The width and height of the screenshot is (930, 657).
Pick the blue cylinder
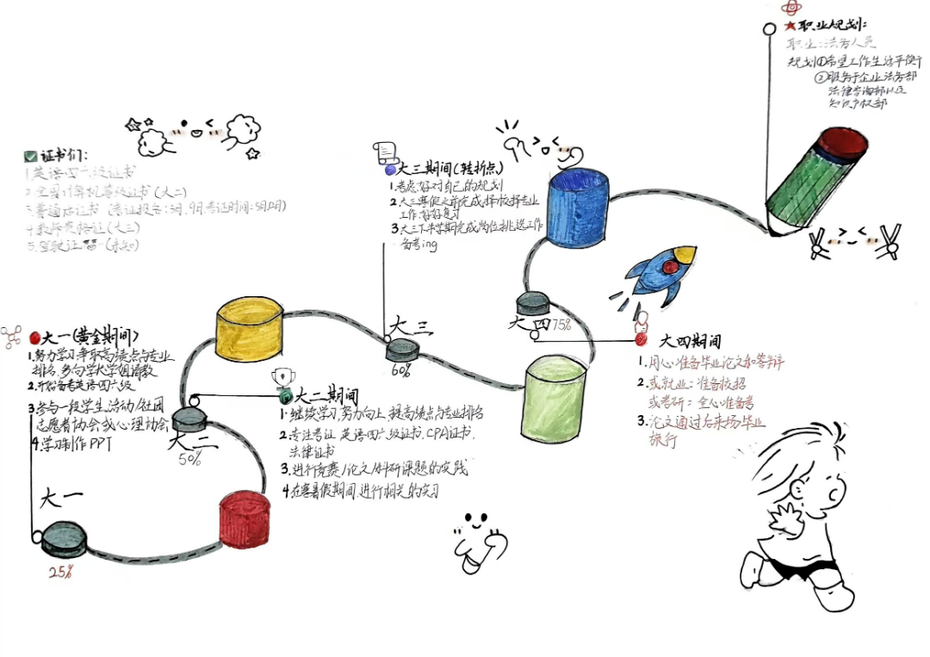coord(579,208)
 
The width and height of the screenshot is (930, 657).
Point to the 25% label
coord(60,572)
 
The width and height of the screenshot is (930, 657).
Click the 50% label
coord(190,459)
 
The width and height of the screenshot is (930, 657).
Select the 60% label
coord(400,370)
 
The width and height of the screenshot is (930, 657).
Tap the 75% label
coord(561,325)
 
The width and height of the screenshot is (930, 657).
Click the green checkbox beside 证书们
coord(30,157)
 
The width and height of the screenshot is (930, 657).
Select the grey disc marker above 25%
coord(65,537)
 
